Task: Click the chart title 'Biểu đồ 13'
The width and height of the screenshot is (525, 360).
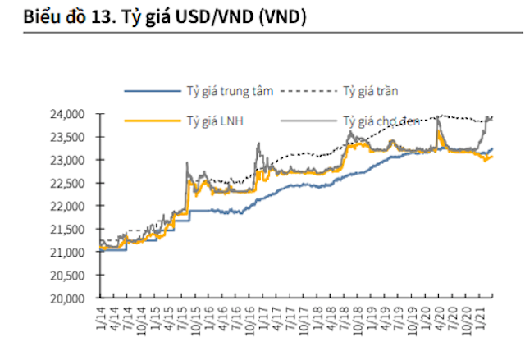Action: (x=65, y=16)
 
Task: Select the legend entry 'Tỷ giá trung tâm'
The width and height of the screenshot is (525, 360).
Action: (x=229, y=90)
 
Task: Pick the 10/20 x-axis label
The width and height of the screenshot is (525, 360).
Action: (x=469, y=319)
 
